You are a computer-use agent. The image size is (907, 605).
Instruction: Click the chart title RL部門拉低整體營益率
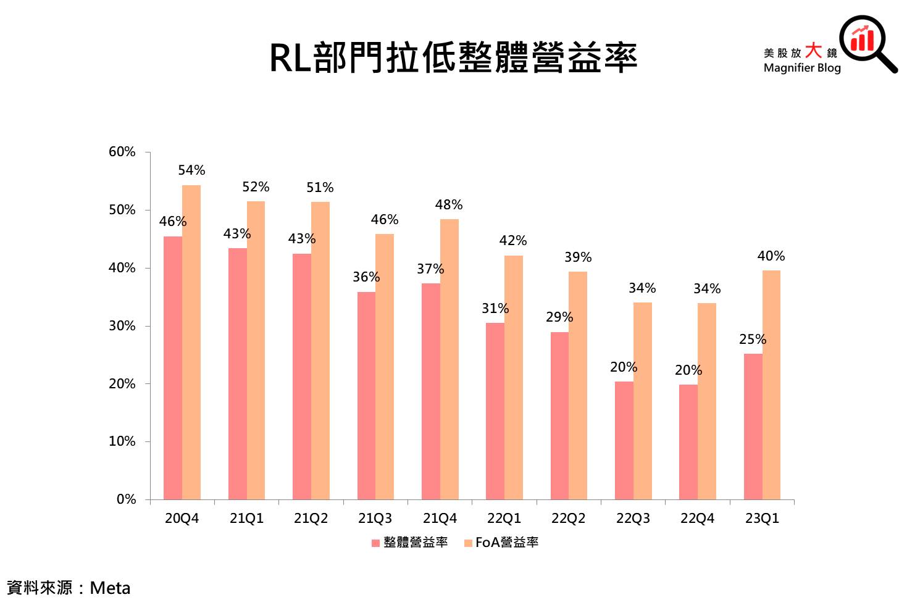point(453,59)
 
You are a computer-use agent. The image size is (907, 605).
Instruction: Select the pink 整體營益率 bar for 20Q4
point(173,367)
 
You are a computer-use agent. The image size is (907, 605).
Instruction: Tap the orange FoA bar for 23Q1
point(771,384)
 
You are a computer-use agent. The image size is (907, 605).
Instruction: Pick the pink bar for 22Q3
point(624,440)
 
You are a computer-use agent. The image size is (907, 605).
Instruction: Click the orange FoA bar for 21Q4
point(449,359)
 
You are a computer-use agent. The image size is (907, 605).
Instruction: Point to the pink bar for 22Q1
point(495,411)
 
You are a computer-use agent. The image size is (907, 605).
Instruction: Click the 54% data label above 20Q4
point(191,170)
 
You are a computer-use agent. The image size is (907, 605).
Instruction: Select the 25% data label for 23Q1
point(753,340)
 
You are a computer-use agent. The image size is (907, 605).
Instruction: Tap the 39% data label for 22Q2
point(578,257)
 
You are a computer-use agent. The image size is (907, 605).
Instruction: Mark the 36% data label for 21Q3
point(366,277)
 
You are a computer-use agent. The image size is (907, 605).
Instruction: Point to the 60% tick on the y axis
point(122,152)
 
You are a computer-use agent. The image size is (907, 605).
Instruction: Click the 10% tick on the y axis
point(122,441)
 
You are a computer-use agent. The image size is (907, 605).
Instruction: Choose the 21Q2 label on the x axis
point(311,519)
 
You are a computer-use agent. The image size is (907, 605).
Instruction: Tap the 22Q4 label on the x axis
point(697,519)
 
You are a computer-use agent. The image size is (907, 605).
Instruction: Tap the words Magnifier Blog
point(802,68)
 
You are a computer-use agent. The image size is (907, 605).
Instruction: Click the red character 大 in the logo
point(814,51)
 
